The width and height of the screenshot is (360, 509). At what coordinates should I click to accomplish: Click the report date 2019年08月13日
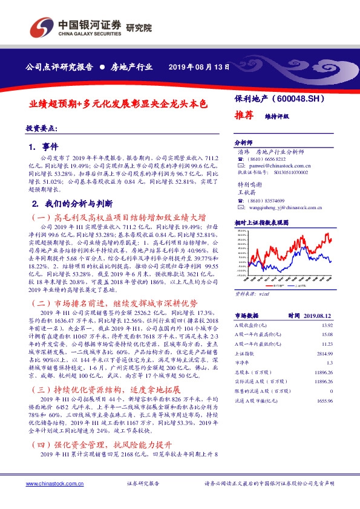click(199, 67)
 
